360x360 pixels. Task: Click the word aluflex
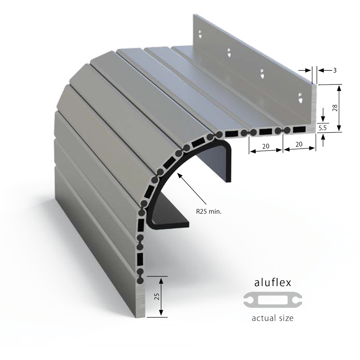[273, 283]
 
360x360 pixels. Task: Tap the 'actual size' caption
[273, 318]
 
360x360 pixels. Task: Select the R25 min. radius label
[209, 211]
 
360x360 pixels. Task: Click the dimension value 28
[335, 108]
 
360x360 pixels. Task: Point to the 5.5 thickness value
[323, 128]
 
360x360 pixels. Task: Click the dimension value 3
[335, 70]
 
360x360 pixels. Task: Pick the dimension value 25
[157, 296]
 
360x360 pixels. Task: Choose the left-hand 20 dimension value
[266, 146]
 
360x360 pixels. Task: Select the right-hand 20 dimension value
[299, 144]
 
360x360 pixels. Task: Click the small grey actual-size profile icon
[273, 300]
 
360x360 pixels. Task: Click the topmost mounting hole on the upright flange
[200, 34]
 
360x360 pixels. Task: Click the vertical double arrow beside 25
[161, 297]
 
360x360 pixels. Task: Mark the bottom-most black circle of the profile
[140, 280]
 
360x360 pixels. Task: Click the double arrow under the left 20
[266, 151]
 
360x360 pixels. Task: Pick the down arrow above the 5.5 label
[323, 115]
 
